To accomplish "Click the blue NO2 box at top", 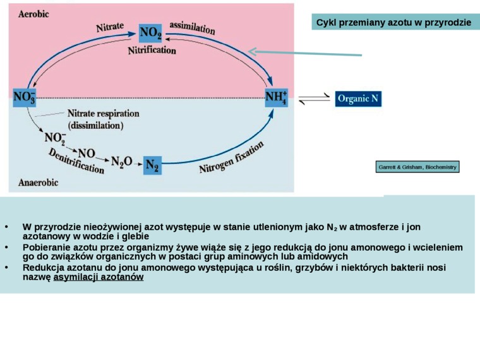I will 150,32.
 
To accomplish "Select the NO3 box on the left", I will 25,98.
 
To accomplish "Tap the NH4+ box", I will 276,98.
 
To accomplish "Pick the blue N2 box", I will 152,165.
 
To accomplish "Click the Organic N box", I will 358,99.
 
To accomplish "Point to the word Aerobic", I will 34,13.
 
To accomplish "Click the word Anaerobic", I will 38,183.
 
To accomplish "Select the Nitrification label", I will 152,50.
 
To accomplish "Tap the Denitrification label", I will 76,160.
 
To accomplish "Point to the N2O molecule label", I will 121,162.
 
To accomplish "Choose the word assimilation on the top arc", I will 193,27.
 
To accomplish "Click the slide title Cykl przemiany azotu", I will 393,23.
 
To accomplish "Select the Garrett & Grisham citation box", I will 417,167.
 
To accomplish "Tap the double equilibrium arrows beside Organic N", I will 314,99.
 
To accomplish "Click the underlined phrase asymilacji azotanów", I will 99,277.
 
